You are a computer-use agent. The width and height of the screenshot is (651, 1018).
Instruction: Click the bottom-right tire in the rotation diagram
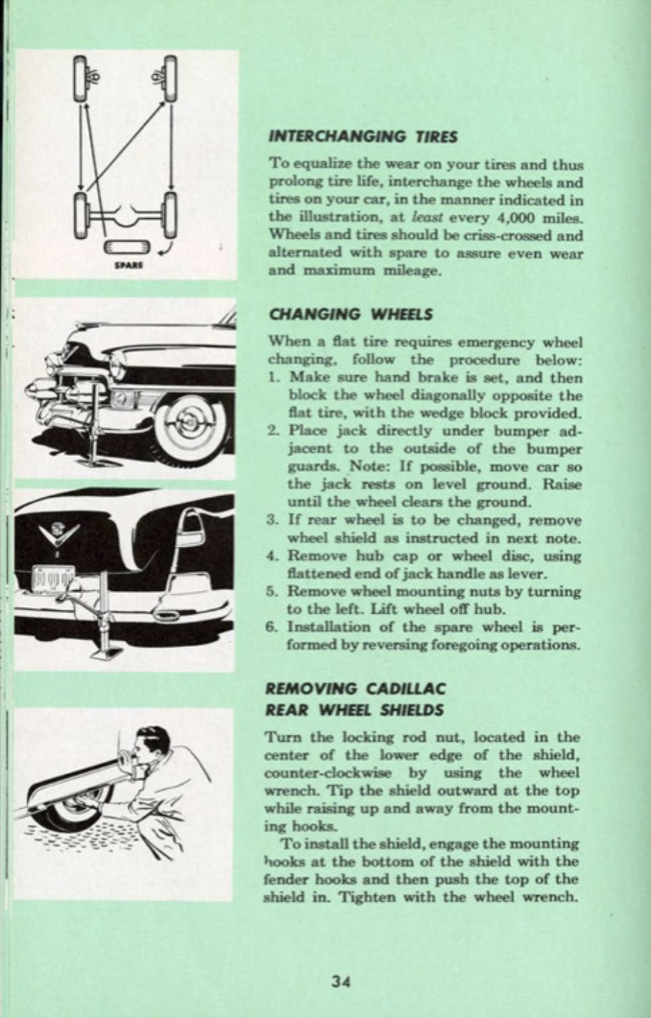pos(170,207)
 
